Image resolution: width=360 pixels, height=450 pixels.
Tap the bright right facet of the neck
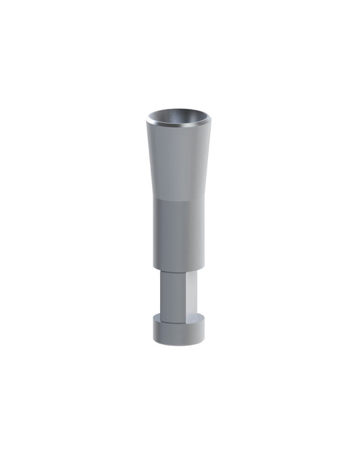191,294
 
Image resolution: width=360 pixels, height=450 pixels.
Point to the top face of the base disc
178,320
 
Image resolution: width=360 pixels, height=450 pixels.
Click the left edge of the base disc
154,331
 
